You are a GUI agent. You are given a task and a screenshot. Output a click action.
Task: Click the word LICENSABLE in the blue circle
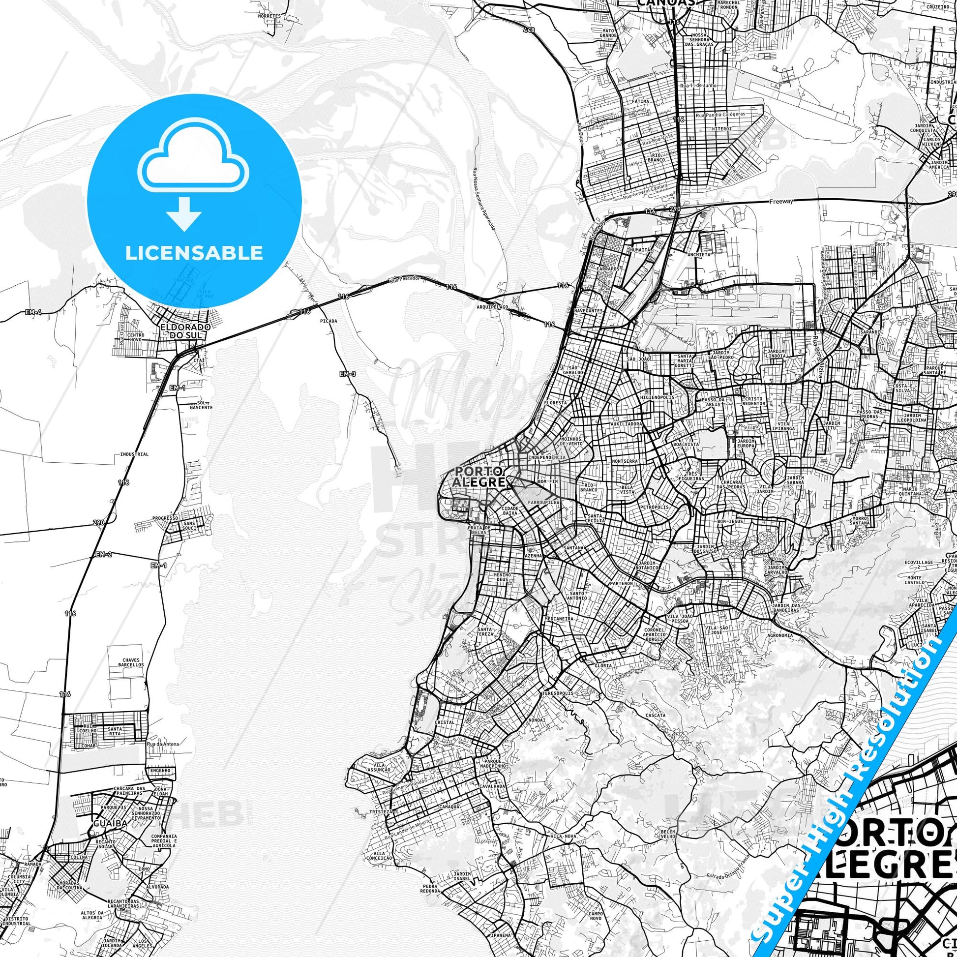(194, 253)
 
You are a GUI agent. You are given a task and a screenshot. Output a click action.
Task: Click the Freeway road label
(781, 202)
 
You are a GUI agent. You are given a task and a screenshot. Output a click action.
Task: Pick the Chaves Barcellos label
(130, 663)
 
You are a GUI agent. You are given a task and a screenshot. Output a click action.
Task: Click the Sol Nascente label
(201, 405)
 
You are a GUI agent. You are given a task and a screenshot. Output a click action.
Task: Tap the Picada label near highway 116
(329, 321)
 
